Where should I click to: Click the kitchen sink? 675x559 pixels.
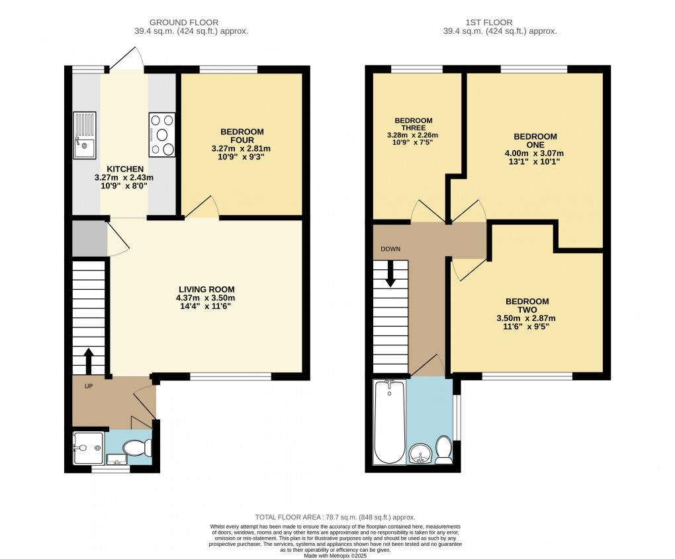point(85,135)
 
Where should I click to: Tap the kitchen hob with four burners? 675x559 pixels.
point(162,135)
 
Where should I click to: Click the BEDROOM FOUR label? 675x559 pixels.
point(241,136)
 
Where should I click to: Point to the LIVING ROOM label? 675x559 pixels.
point(206,289)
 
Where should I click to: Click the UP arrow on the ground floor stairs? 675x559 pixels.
point(89,361)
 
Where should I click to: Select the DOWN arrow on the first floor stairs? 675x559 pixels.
point(390,273)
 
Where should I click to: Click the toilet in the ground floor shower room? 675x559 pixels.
point(139,449)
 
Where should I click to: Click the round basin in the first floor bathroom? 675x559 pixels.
point(419,454)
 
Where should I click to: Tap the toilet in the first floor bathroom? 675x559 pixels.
point(443,451)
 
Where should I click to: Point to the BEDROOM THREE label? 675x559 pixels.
point(414,124)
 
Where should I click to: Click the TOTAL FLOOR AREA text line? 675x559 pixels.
point(335,517)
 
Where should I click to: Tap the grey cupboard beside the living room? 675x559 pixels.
point(89,239)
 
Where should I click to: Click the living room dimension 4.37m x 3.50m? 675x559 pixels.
point(206,298)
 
